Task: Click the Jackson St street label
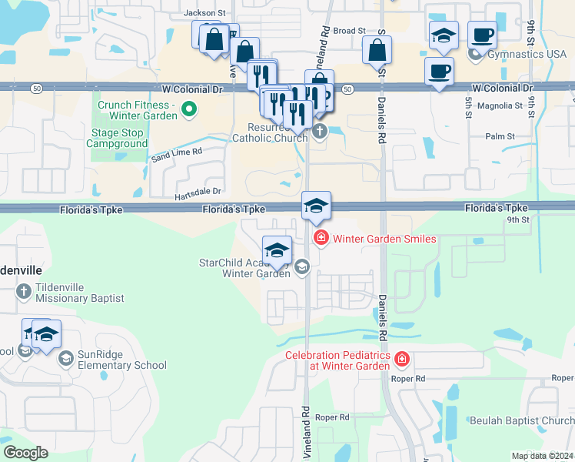[x=204, y=13]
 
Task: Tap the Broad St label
[x=349, y=31]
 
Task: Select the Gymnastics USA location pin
[x=476, y=53]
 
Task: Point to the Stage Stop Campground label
[x=116, y=138]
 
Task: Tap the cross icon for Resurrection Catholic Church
[x=321, y=132]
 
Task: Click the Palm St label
[x=500, y=136]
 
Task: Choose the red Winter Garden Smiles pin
[x=321, y=239]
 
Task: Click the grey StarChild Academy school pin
[x=302, y=267]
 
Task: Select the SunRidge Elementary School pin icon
[x=66, y=359]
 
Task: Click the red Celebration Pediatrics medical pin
[x=401, y=360]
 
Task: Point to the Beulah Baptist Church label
[x=532, y=420]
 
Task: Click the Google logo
[x=26, y=452]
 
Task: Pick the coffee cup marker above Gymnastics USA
[x=482, y=34]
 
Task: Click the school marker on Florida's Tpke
[x=316, y=206]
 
